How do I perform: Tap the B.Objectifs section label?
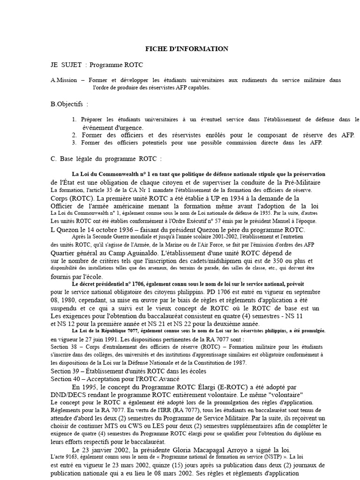[67, 104]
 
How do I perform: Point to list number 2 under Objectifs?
[75, 135]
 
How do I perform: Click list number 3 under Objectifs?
[75, 142]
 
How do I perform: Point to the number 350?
[280, 261]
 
